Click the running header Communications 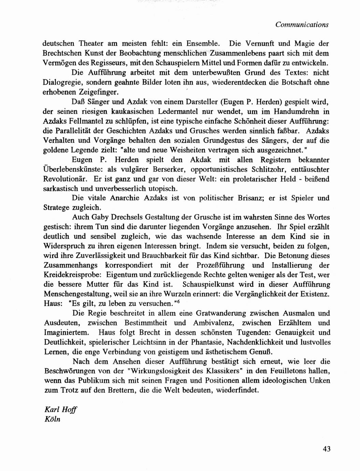(x=302, y=25)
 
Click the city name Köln (x=52, y=419)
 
